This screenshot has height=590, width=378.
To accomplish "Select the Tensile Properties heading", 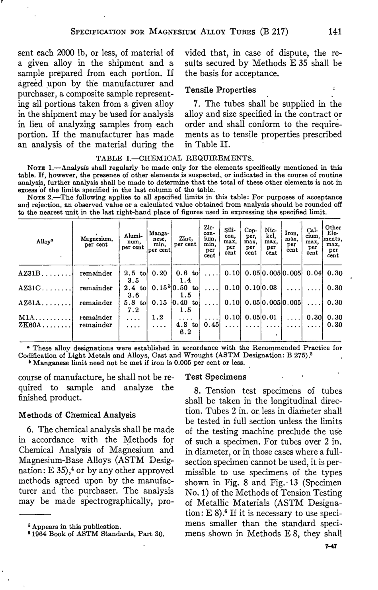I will click(220, 90).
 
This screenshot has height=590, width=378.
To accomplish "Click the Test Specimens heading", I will click(216, 376).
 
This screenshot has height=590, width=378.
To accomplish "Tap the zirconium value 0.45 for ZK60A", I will click(210, 325).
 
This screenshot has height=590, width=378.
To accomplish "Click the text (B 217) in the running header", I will click(274, 32).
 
